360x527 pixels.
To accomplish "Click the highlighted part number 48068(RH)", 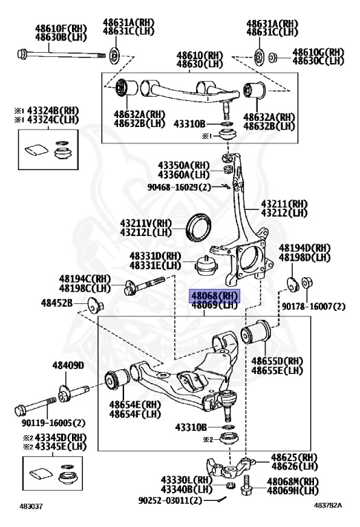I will pyautogui.click(x=215, y=295).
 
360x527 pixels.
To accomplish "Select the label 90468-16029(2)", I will pyautogui.click(x=180, y=187).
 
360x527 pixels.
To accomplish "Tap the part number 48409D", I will pyautogui.click(x=68, y=366).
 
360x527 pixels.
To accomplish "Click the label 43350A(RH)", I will pyautogui.click(x=183, y=165).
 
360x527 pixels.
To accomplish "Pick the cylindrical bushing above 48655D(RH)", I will pyautogui.click(x=259, y=335).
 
